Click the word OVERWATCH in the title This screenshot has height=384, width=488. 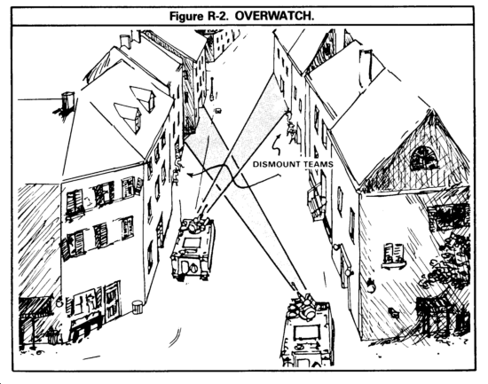[274, 16]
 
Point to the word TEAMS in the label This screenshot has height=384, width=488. [318, 164]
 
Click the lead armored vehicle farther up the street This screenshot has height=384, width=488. [193, 248]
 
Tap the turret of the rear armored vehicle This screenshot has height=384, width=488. [303, 306]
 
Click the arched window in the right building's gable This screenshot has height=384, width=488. [424, 159]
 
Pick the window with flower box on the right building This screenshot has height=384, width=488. [394, 255]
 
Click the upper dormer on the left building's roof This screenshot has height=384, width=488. [144, 98]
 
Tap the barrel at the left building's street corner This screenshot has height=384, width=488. [137, 307]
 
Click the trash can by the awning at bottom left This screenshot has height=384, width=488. [52, 336]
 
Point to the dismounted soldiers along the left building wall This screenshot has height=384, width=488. [177, 165]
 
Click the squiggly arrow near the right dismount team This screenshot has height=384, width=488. [277, 145]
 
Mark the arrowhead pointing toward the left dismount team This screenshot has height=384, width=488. [190, 175]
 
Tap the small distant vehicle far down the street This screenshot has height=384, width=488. [218, 110]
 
